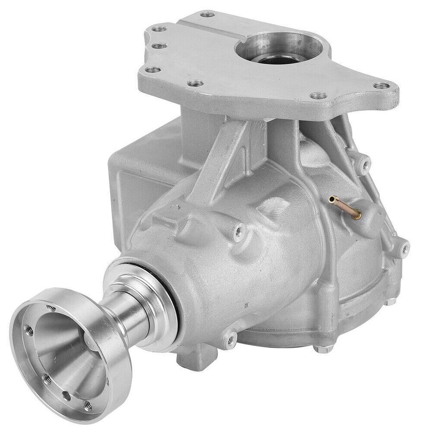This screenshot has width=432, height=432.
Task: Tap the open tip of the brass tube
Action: click(x=332, y=198)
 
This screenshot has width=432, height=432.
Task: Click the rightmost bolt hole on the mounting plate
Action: click(x=381, y=85)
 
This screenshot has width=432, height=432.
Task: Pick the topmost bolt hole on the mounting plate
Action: click(x=207, y=14)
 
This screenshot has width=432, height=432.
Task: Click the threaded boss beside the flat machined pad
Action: click(x=238, y=231)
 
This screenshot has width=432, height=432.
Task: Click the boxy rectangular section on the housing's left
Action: click(x=135, y=180)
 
